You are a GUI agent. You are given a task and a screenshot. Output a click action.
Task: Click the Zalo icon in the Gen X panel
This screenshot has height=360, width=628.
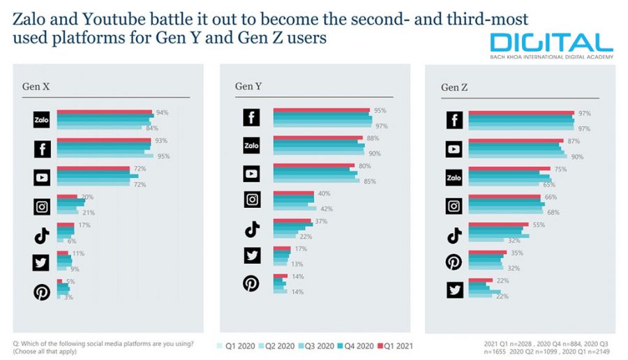point(42,120)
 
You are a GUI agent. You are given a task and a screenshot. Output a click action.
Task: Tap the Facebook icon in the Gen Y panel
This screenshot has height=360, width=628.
point(252,118)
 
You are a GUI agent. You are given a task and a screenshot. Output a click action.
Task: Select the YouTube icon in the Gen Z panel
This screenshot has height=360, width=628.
point(455,149)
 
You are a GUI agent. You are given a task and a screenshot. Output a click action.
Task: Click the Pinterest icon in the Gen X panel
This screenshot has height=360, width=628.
point(42,292)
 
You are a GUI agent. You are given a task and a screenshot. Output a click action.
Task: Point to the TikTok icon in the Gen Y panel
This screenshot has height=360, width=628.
point(252,228)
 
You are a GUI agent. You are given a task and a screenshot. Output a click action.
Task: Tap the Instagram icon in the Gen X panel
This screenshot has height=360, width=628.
point(42,206)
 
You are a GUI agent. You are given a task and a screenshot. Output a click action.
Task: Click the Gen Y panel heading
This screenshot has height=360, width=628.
point(248,86)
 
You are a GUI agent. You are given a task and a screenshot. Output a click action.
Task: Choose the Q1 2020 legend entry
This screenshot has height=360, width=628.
point(239,345)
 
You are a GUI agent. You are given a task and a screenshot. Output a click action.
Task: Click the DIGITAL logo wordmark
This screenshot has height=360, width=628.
point(551,43)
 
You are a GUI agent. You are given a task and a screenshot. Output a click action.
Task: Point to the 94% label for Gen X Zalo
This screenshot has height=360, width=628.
point(163,112)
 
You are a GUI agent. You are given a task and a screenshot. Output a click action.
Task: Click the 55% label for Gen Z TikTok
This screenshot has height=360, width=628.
point(539,225)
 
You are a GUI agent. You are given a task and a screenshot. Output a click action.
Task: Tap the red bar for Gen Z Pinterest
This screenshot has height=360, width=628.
point(487,252)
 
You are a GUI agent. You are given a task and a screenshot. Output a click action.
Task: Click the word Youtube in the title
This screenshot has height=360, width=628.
point(98,20)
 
